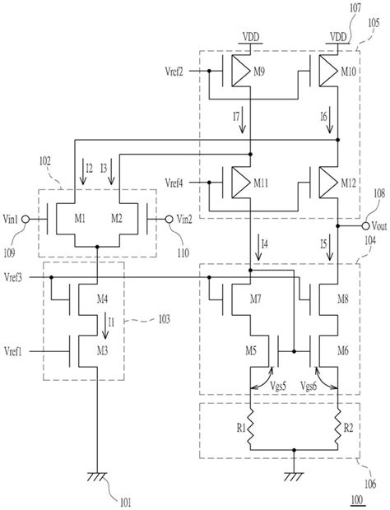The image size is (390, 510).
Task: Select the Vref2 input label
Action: tap(179, 72)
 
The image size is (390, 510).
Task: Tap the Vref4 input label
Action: tap(179, 182)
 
